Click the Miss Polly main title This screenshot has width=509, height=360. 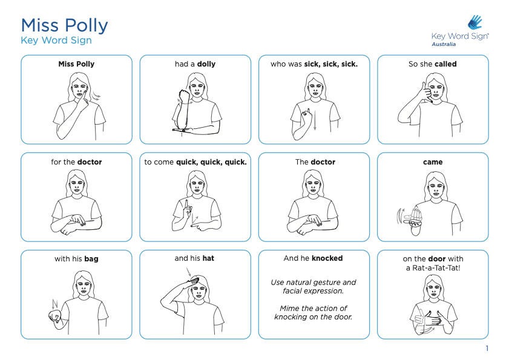pos(64,26)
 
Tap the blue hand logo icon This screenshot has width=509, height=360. pos(475,22)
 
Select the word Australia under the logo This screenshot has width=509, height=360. pos(444,44)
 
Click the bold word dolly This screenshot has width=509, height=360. pos(206,64)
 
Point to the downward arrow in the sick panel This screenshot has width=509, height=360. pos(315,120)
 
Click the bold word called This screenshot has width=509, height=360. pos(445,64)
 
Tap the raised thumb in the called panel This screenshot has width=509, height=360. pos(424,87)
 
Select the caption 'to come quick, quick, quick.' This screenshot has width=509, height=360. pos(195,162)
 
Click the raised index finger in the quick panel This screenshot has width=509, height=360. pos(186,205)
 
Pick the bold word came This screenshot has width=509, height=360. pos(433,162)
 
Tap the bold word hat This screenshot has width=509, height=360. pos(208,258)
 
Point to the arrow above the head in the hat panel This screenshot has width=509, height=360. pos(189,272)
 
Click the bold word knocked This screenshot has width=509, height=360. pos(327,258)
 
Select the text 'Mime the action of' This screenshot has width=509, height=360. pos(314,308)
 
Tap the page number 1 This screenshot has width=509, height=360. pos(487,349)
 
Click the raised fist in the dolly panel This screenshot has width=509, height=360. pos(185,96)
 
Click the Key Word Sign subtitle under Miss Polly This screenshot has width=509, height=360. pos(56,41)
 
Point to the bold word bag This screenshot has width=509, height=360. pos(91,259)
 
